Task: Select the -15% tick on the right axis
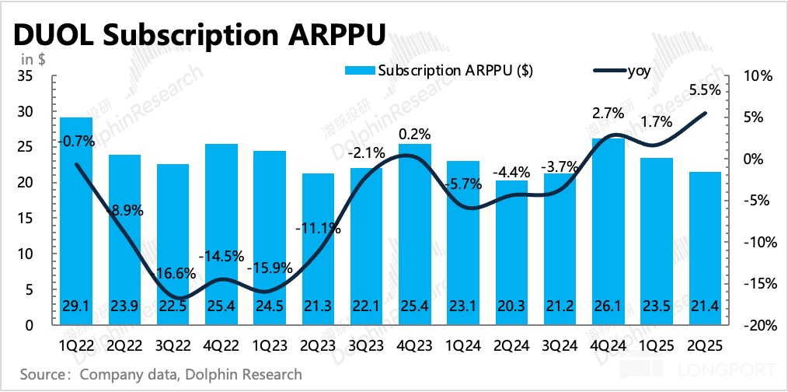[760, 284]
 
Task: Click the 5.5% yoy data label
[705, 89]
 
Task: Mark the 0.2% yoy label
[413, 134]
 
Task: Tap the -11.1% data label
[318, 228]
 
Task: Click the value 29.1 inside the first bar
[76, 308]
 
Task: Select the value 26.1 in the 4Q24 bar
[608, 308]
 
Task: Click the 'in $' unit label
[32, 59]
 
